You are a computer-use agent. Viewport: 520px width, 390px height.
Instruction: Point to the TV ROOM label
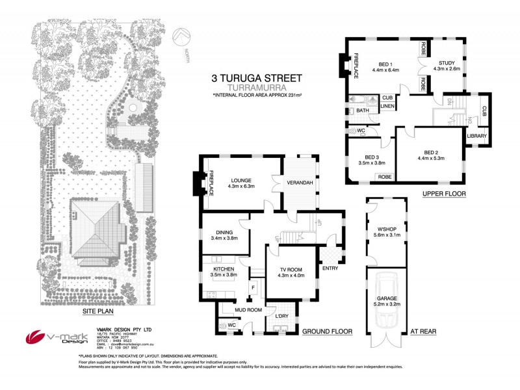pos(291,270)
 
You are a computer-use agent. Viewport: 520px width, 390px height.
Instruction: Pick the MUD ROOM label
pos(249,310)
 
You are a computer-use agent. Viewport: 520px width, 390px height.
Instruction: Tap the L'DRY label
pos(282,316)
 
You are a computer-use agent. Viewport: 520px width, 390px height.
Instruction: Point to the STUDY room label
pos(447,63)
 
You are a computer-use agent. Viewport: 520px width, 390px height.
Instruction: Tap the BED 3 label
pos(372,158)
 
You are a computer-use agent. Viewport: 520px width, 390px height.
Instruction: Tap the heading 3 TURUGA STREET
pos(257,77)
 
